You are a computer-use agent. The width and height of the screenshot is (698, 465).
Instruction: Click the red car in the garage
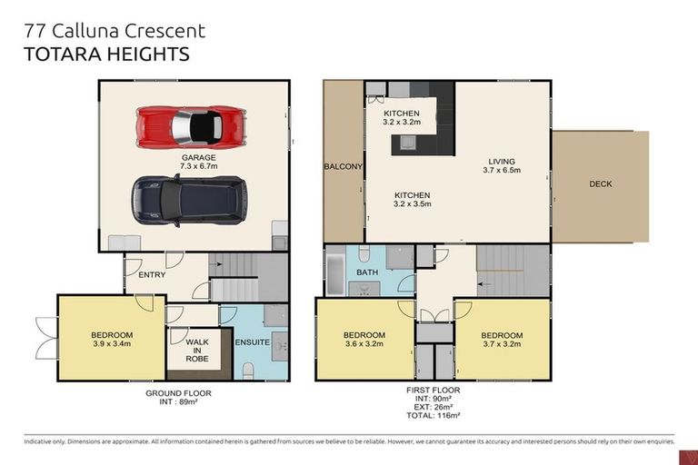point(191,125)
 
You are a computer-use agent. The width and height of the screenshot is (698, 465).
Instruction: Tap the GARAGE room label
point(197,157)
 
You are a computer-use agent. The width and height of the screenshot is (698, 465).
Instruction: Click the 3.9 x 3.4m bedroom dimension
point(112,344)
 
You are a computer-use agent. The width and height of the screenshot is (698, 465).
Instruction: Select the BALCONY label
point(343,167)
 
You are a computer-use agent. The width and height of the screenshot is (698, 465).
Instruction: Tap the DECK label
point(600,183)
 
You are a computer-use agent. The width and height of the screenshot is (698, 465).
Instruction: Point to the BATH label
point(367,272)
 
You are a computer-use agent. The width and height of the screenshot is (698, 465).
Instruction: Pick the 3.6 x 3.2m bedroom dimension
point(364,344)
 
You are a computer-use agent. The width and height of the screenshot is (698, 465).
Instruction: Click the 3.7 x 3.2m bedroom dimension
point(502,344)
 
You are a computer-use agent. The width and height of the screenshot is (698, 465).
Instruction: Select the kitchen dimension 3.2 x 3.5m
point(412,204)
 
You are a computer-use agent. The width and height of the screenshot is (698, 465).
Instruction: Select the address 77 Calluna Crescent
point(115,30)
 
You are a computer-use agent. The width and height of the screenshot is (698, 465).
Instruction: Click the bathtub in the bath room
point(334,276)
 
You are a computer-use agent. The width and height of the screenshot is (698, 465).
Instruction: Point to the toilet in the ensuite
point(248,370)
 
